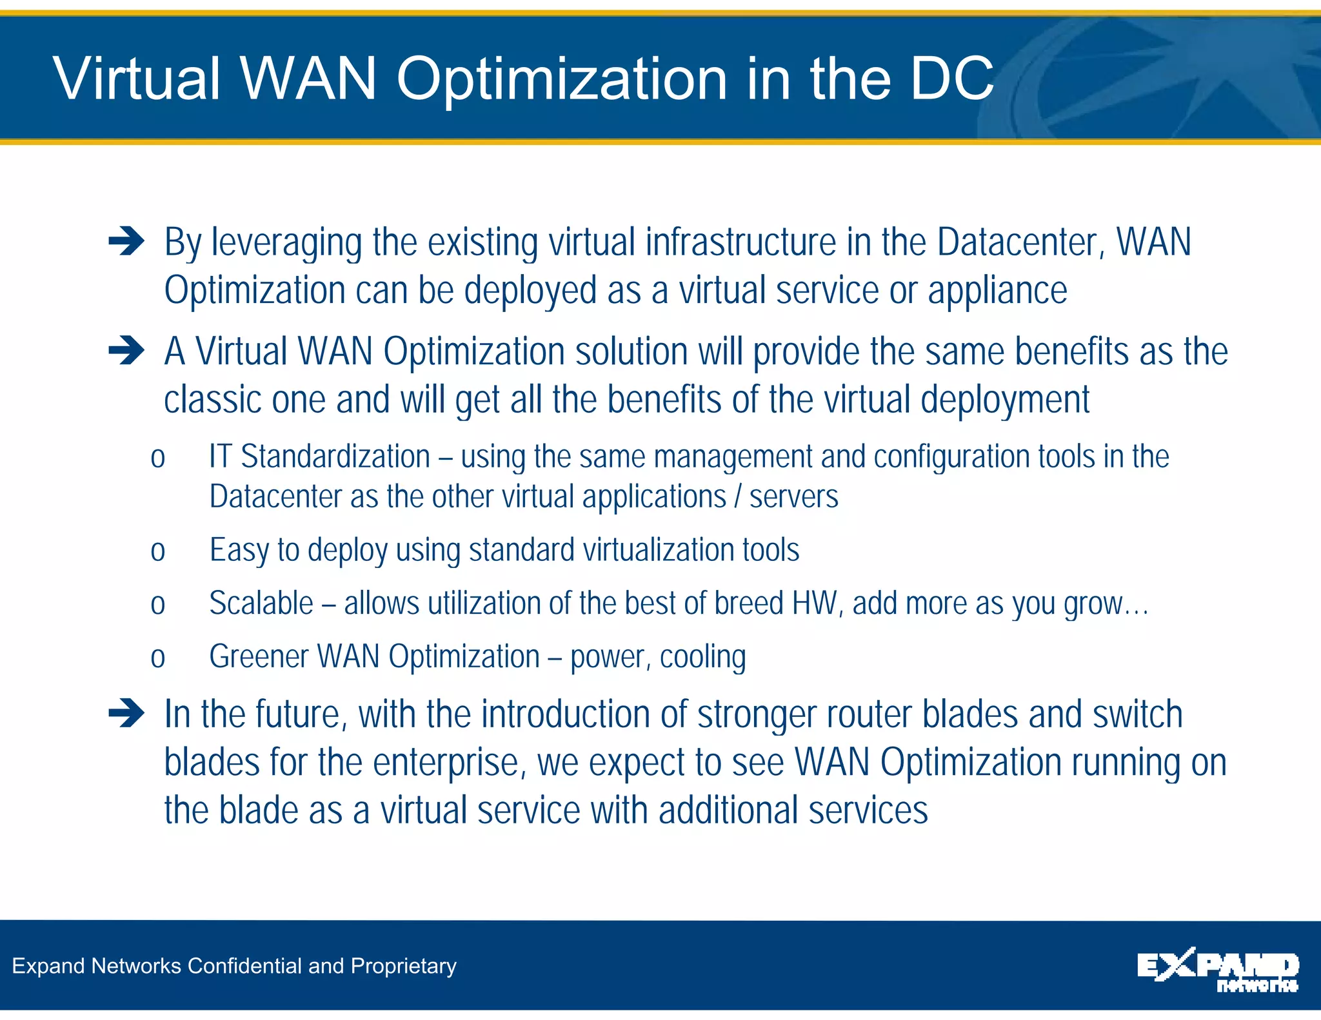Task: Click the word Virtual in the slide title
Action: [x=137, y=79]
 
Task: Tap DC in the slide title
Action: [x=952, y=79]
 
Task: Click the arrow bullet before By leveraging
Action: [x=126, y=242]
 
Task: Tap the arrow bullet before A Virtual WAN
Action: [x=126, y=351]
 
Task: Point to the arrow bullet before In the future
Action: [x=126, y=714]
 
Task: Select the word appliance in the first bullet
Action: [x=997, y=291]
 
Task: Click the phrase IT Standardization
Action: [x=319, y=456]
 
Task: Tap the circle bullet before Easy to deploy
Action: [x=158, y=552]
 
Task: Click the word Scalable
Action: [x=261, y=603]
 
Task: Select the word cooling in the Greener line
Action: [x=702, y=657]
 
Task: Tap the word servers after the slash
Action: [x=793, y=497]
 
